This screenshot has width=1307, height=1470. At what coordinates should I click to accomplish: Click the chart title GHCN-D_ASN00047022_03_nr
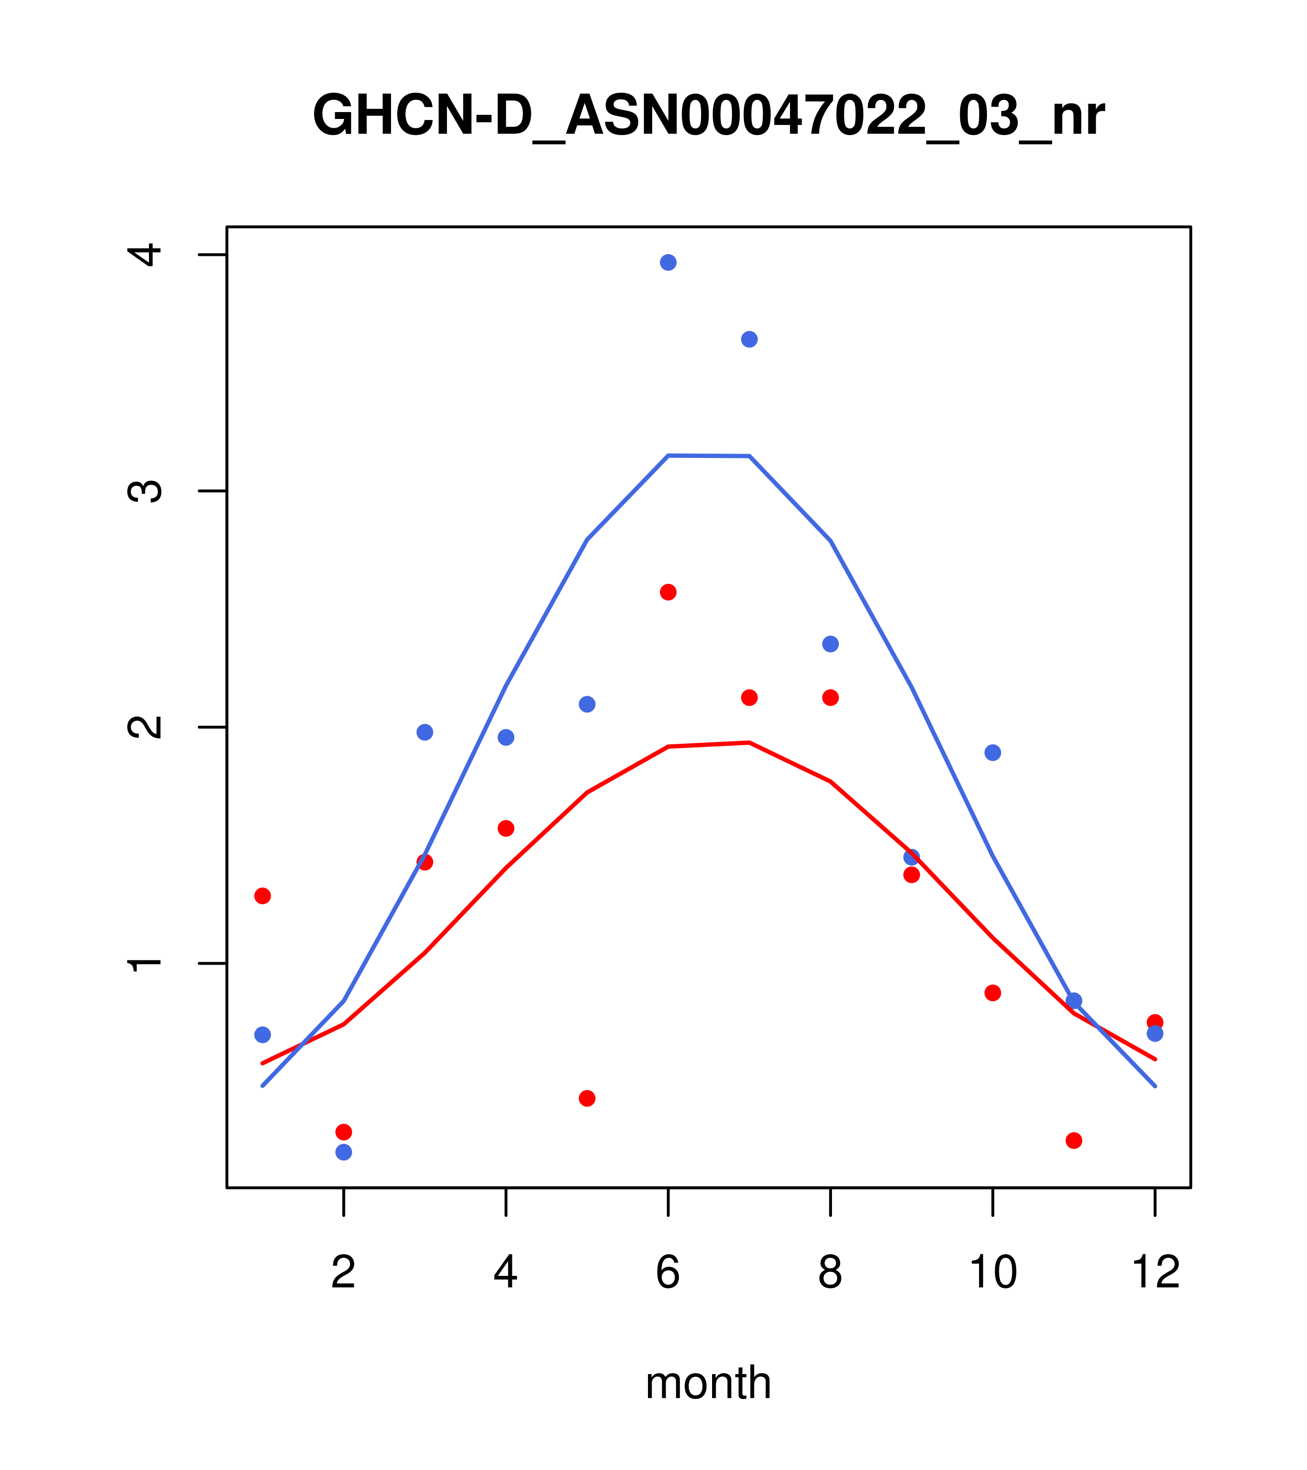[x=708, y=117]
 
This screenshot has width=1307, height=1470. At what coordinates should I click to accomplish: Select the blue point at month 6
[x=668, y=262]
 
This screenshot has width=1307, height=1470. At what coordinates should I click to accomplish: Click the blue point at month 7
[x=749, y=339]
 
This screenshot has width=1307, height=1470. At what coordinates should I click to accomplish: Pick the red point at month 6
[x=668, y=592]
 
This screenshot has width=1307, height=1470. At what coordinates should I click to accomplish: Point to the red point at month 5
[x=587, y=1098]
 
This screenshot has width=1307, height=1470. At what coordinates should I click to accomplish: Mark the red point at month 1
[x=262, y=896]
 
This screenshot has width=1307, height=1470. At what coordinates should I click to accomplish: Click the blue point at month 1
[x=262, y=1035]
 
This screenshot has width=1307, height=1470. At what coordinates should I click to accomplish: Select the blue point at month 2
[x=344, y=1152]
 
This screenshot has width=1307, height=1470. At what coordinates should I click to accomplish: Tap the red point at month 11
[x=1074, y=1141]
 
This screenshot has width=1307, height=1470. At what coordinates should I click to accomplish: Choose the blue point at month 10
[x=992, y=753]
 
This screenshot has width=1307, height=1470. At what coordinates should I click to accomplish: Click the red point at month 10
[x=992, y=993]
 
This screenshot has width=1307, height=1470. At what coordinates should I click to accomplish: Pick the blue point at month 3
[x=425, y=732]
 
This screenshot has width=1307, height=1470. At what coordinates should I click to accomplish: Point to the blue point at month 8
[x=831, y=644]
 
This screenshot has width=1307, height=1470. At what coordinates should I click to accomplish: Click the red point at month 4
[x=506, y=829]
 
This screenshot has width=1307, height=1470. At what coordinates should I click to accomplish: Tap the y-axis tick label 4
[x=147, y=255]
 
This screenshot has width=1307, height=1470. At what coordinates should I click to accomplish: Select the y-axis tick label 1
[x=147, y=963]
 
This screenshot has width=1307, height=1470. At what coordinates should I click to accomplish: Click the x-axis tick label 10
[x=992, y=1273]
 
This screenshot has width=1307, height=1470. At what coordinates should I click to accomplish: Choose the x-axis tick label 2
[x=344, y=1273]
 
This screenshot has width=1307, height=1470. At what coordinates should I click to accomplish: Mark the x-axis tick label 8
[x=831, y=1273]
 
